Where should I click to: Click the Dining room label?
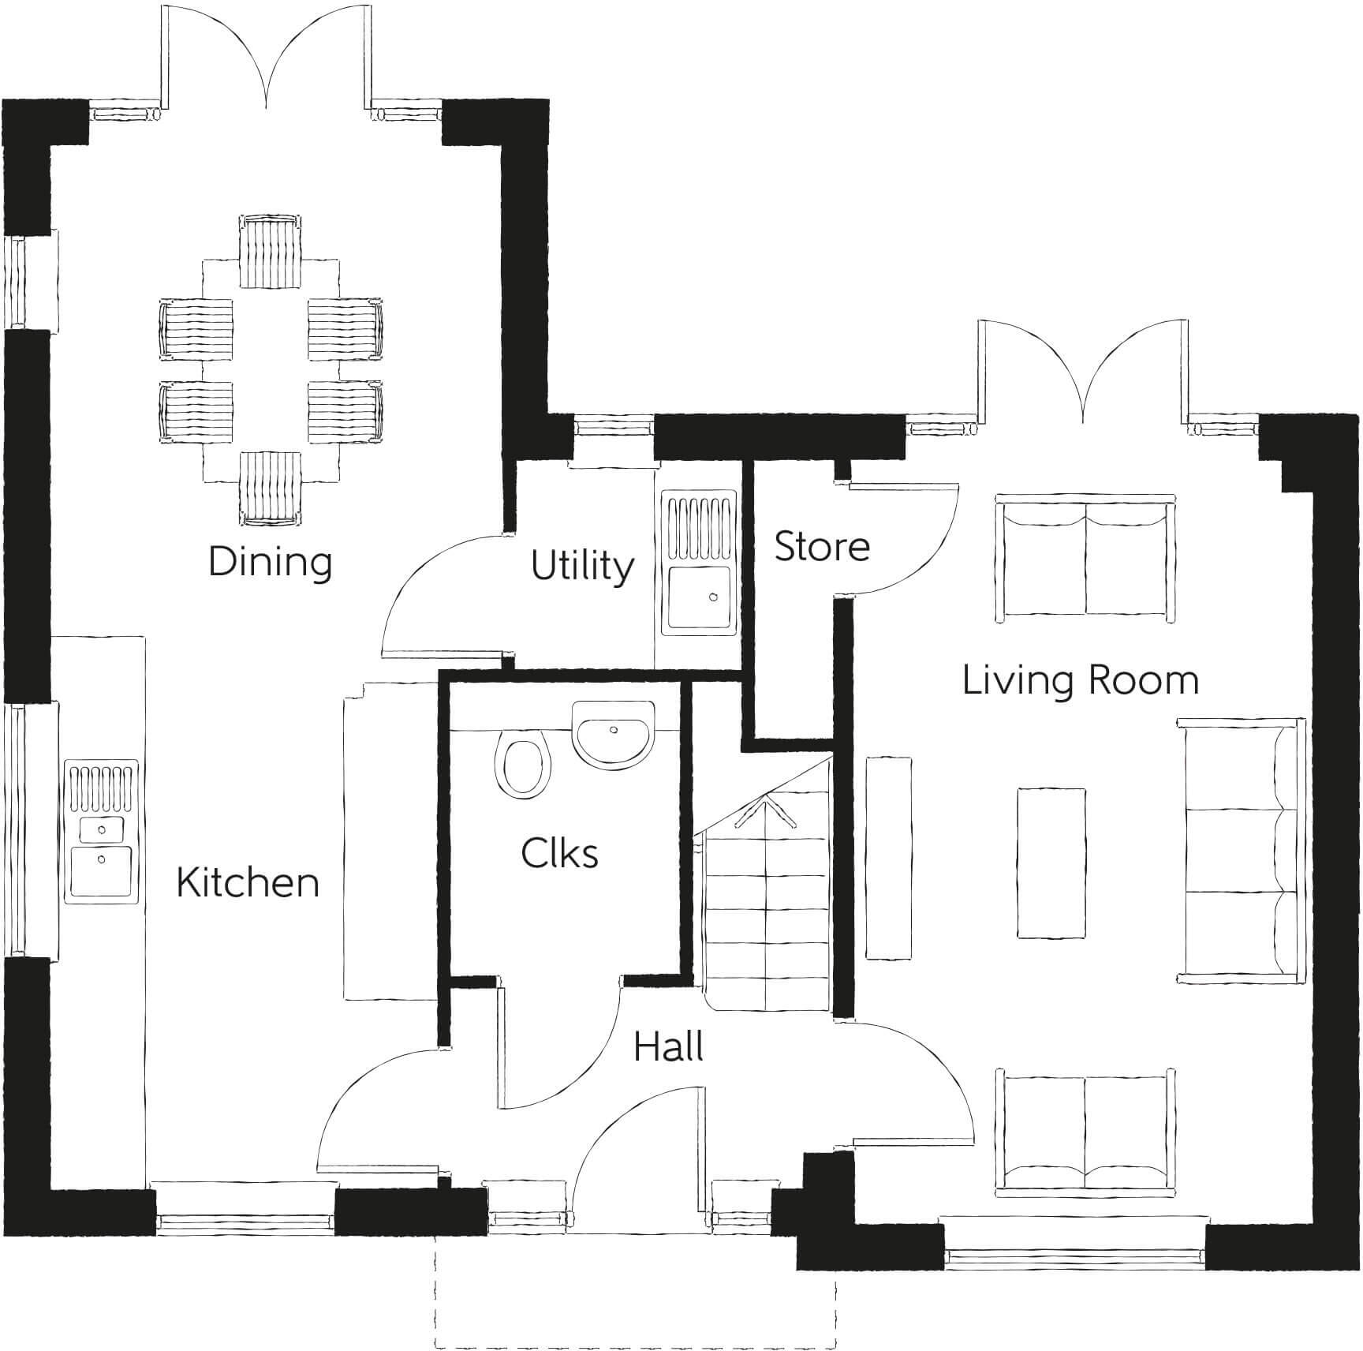click(270, 562)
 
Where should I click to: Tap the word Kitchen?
click(248, 882)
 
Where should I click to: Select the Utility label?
click(582, 566)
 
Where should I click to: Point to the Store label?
click(822, 546)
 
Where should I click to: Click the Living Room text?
click(1080, 680)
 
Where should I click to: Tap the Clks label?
click(559, 853)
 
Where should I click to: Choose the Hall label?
click(668, 1047)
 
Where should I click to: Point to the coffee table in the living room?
click(1050, 863)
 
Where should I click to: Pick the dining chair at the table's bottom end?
click(270, 489)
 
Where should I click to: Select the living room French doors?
click(1084, 371)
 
